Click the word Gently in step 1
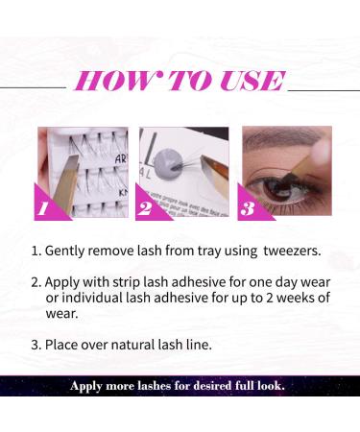click(x=68, y=252)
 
